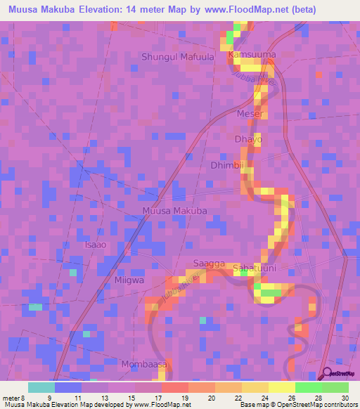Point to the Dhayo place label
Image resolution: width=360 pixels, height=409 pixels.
248,140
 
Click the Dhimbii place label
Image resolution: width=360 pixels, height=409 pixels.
227,166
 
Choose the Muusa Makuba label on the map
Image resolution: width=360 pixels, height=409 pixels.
174,211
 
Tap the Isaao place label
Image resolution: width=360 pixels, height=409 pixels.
96,245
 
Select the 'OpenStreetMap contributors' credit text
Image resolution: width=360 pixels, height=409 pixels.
319,405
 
